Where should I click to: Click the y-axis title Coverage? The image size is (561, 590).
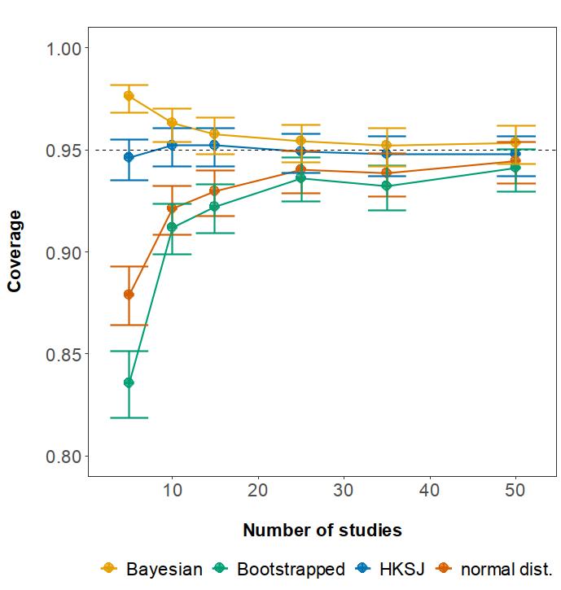[15, 251]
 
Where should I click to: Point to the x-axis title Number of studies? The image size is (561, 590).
[322, 531]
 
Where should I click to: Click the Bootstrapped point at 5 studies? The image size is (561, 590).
[129, 382]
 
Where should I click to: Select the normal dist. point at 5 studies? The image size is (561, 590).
[129, 295]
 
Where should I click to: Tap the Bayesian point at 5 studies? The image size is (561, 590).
[129, 96]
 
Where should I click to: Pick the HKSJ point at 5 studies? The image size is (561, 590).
[129, 157]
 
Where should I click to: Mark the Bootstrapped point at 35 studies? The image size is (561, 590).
[387, 186]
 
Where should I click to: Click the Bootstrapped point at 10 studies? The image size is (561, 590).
[172, 227]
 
